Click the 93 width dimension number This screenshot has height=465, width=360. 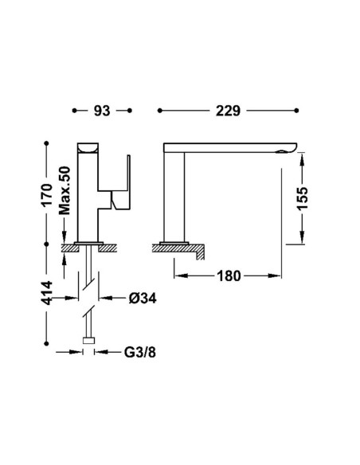[x=102, y=111]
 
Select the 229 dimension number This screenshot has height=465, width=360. [x=228, y=111]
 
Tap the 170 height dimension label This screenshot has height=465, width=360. [x=47, y=195]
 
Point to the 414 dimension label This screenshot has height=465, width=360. [x=47, y=293]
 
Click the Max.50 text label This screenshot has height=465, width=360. [x=65, y=190]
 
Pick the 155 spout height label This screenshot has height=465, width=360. [x=303, y=198]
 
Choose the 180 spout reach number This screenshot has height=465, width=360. [x=229, y=276]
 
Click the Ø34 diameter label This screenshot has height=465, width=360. [x=143, y=298]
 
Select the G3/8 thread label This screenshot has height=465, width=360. [x=139, y=352]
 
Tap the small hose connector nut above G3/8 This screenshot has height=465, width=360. [x=88, y=341]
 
